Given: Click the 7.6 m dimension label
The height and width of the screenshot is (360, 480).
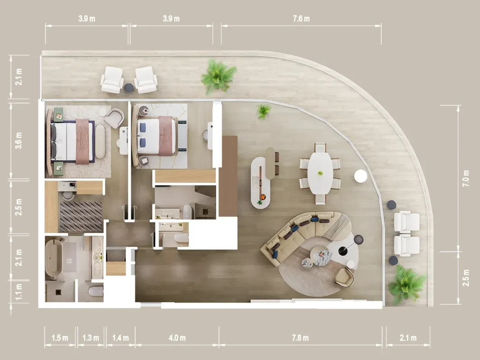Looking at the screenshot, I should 300,19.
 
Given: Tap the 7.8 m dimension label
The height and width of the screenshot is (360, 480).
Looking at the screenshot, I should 300,338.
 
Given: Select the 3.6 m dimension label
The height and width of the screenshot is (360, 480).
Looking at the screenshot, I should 19,141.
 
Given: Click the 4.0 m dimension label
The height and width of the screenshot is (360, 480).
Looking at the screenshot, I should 176,338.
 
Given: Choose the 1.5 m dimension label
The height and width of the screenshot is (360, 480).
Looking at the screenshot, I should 60,338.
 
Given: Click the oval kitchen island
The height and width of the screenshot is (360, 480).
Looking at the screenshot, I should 261,181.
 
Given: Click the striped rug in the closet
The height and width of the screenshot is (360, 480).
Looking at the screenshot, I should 81,217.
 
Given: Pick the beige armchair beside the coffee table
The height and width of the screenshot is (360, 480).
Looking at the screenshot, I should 344,277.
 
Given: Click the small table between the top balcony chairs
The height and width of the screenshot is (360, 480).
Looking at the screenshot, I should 129,88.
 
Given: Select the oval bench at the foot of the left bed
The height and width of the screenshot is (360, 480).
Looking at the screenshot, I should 100,141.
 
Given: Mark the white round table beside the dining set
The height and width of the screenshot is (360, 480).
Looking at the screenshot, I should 361,176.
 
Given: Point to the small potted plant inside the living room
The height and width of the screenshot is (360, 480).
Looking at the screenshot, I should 263,110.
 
